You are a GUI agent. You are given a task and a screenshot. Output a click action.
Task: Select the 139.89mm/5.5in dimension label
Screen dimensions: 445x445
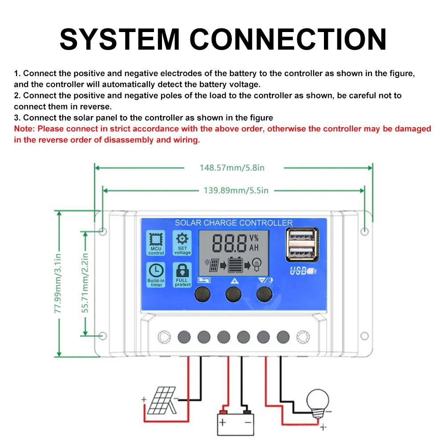coord(236,190)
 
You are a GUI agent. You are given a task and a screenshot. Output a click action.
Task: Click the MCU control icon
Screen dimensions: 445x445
coord(156,243)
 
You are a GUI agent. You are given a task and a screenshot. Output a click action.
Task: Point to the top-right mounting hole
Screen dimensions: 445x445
coord(364,231)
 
